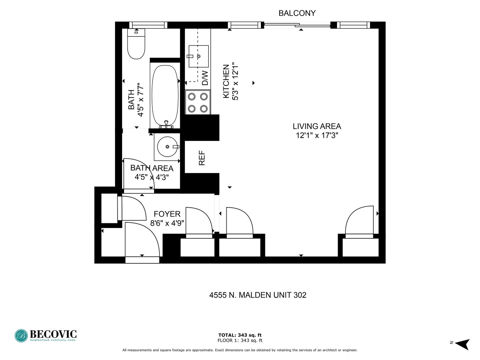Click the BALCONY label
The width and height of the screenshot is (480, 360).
297,13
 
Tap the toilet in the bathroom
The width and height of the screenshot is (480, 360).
136,44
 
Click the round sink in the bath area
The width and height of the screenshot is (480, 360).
167,147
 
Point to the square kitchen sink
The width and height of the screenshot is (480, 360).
199,56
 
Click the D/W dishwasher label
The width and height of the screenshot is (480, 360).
205,78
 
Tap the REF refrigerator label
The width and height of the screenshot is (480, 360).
202,158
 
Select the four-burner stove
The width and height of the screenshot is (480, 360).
198,102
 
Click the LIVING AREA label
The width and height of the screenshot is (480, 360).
317,126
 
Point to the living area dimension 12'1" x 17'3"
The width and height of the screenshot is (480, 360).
317,136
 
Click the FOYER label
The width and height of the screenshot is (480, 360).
167,214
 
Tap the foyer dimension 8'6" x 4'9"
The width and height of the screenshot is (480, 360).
167,223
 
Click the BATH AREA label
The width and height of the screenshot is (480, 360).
152,168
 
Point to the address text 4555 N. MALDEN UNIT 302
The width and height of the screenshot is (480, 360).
258,295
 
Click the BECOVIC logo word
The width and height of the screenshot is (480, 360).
53,334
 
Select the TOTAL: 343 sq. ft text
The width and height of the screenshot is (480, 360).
240,335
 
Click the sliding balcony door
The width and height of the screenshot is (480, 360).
297,25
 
